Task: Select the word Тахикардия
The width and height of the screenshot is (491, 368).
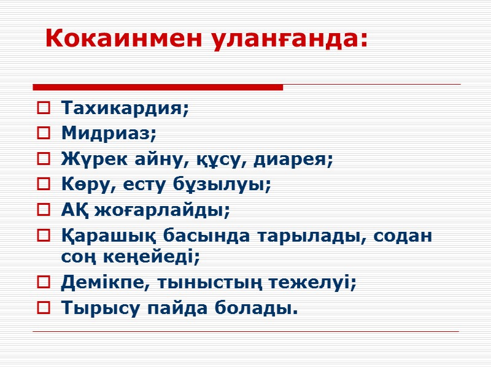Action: click(125, 109)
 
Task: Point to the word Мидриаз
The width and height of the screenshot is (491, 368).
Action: click(109, 134)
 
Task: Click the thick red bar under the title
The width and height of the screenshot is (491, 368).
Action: click(157, 87)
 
